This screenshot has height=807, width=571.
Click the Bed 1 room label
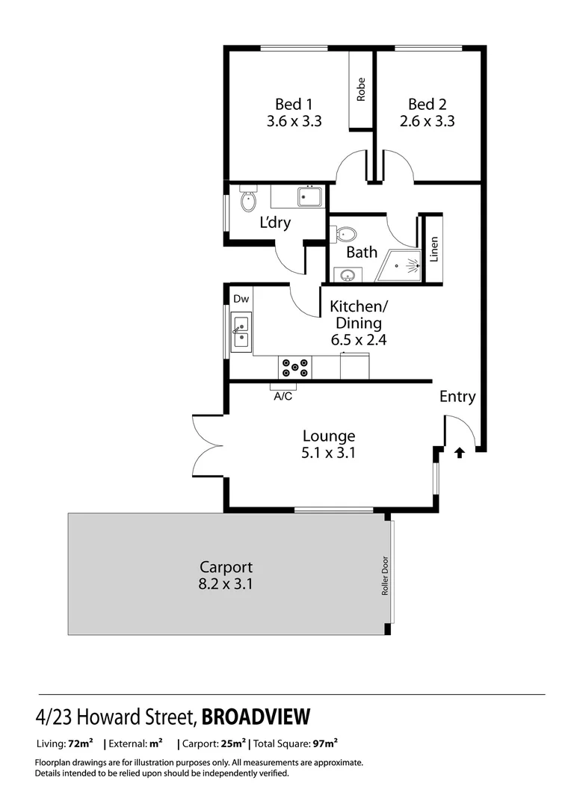pyautogui.click(x=294, y=104)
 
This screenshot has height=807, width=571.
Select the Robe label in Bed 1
pyautogui.click(x=361, y=90)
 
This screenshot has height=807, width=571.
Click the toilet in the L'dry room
pyautogui.click(x=247, y=200)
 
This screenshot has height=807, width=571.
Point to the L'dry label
pyautogui.click(x=275, y=223)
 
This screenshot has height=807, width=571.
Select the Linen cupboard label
pyautogui.click(x=433, y=250)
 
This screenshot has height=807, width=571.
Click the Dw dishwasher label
pyautogui.click(x=241, y=299)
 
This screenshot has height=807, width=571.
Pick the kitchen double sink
pyautogui.click(x=241, y=333)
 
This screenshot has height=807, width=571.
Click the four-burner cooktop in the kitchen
pyautogui.click(x=295, y=367)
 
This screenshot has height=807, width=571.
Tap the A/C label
pyautogui.click(x=283, y=397)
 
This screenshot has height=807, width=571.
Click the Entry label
pyautogui.click(x=457, y=397)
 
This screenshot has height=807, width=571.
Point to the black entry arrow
pyautogui.click(x=459, y=452)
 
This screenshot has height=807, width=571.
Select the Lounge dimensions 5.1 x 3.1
pyautogui.click(x=328, y=452)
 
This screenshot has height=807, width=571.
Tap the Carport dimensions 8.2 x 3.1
pyautogui.click(x=225, y=584)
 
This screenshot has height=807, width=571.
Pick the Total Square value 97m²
pyautogui.click(x=325, y=743)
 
